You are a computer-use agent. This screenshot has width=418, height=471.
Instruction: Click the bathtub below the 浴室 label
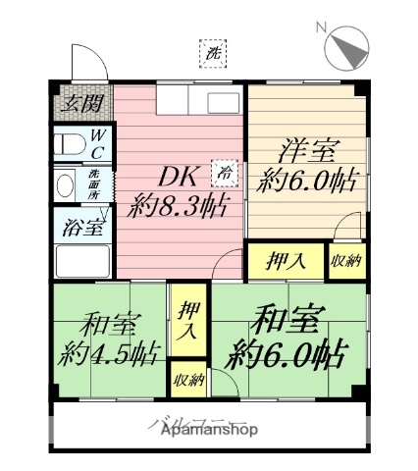(82, 262)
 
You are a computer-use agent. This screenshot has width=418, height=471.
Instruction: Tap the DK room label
(182, 177)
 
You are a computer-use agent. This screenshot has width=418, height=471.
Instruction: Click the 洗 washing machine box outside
(211, 55)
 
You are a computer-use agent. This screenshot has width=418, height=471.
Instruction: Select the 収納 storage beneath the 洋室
(344, 261)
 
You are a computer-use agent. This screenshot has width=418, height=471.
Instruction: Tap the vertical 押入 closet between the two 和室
(187, 321)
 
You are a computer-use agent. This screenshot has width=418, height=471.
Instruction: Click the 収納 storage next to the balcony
(187, 380)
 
